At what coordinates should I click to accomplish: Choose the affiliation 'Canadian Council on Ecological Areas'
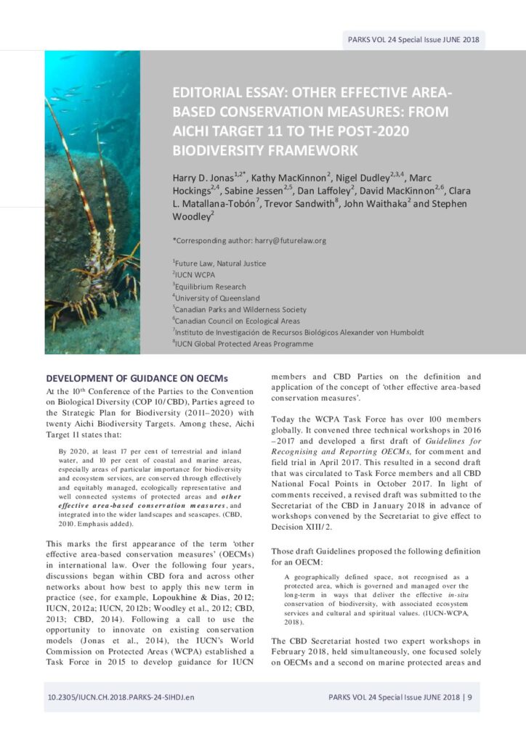pos(238,320)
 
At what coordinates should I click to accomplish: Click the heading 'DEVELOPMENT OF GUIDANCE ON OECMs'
pos(137,378)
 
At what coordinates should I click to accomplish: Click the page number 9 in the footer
pos(470,697)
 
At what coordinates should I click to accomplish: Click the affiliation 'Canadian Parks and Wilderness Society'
pos(241,309)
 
